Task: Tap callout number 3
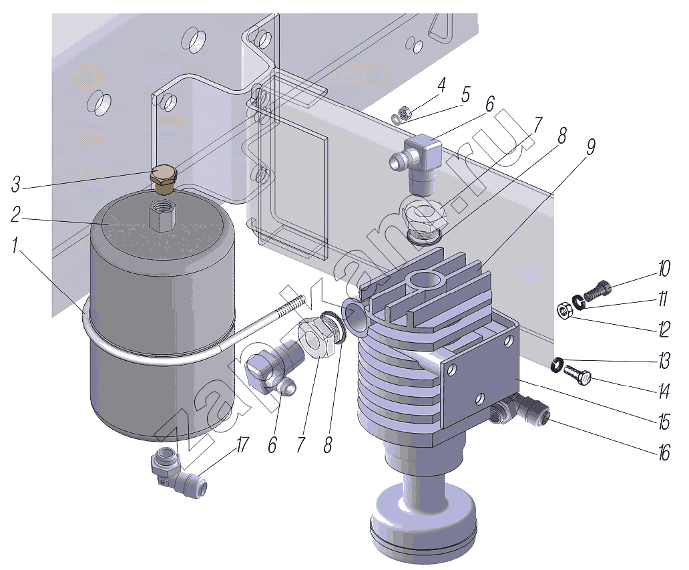click(16, 184)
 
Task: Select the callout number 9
click(591, 147)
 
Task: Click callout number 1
click(16, 246)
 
